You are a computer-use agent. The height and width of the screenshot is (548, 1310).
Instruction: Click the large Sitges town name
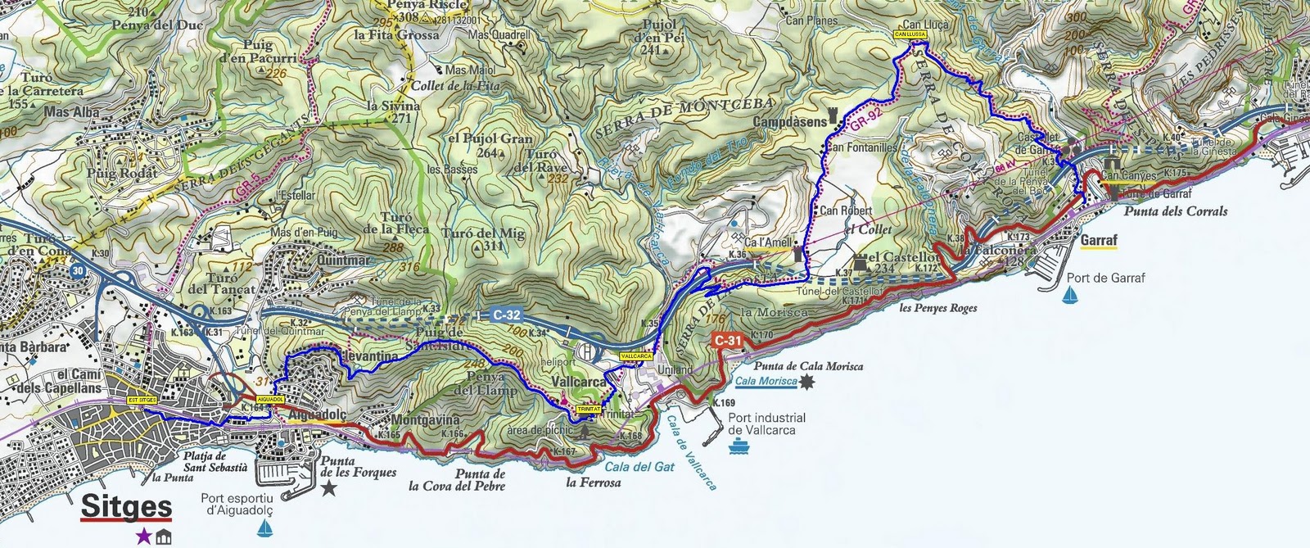pos(126,507)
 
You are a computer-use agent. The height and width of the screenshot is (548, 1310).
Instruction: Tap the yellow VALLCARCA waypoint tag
pos(636,357)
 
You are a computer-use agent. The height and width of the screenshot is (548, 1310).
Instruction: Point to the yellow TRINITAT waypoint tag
pos(588,407)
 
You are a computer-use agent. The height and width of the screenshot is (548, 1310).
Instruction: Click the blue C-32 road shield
pos(507,315)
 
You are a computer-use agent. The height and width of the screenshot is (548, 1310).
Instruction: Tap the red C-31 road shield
pos(727,340)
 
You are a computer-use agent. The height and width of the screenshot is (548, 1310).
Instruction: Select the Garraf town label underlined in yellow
pos(1098,241)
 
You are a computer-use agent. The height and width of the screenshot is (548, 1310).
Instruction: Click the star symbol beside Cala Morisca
pos(808,382)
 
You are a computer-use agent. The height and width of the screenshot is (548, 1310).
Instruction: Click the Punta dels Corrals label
pos(1175,211)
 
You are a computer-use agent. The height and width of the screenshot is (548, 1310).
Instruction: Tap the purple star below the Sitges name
pos(143,537)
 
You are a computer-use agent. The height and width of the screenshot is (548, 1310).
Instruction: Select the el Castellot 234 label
pos(901,262)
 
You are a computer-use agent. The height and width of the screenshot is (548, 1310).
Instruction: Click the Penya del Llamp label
pos(485,383)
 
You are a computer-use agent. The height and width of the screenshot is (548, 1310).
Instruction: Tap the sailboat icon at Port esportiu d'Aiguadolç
pos(264,529)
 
